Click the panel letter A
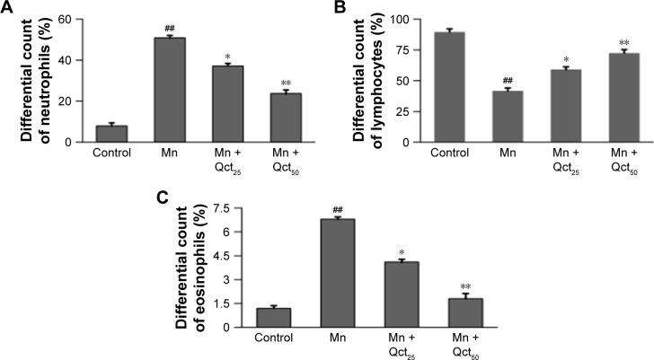tap(8, 8)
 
